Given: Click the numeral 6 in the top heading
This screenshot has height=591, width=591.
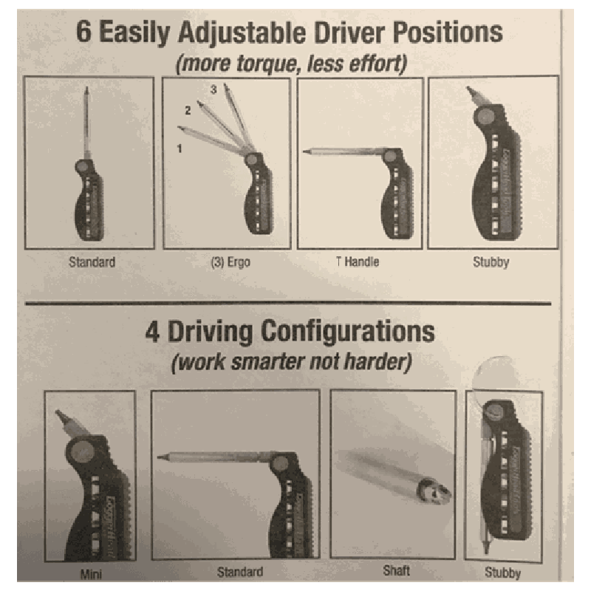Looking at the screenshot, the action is [x=83, y=32].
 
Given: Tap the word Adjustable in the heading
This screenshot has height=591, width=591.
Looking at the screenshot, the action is [x=242, y=33].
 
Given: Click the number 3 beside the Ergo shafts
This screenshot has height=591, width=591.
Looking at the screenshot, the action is [x=213, y=89].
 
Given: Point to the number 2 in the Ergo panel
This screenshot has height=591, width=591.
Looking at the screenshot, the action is [x=188, y=110].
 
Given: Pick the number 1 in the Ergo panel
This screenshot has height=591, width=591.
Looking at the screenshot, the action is [x=180, y=148].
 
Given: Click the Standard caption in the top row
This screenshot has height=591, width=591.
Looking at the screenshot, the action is [x=92, y=262].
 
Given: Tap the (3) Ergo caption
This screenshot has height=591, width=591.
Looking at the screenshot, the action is [x=230, y=262].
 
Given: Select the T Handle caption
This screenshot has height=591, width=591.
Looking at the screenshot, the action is [x=358, y=262].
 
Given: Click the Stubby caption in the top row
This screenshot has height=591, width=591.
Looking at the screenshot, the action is [x=491, y=262].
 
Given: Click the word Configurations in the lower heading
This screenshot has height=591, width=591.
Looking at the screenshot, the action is [x=347, y=332].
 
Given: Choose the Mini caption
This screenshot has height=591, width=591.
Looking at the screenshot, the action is [x=91, y=575].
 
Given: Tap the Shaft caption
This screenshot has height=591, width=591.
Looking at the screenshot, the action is [x=396, y=570].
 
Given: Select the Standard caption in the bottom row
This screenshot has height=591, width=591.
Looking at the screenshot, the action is [x=240, y=572].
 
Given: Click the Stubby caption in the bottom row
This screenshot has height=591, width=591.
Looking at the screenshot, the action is [x=503, y=573].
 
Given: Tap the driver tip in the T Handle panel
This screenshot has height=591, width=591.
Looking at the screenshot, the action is [x=307, y=152].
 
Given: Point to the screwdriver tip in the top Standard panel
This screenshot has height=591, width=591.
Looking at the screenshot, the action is [x=86, y=92].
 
